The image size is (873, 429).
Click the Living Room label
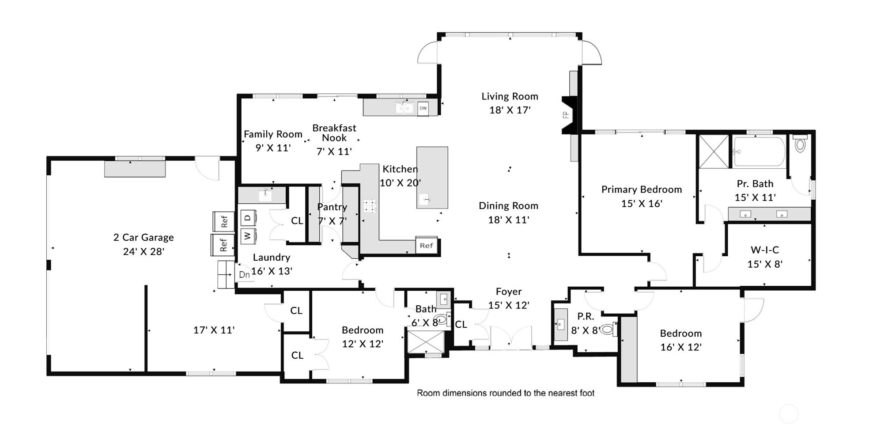[x=510, y=96]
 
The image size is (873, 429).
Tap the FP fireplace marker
[x=565, y=115]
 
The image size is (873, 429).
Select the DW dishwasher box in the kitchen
[x=423, y=108]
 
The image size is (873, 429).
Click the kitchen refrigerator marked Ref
[x=426, y=246]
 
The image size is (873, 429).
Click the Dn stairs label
[x=244, y=274]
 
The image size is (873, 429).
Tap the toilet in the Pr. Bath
[x=800, y=143]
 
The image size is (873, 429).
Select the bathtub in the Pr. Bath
[x=759, y=152]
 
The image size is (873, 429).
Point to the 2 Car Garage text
[x=144, y=237]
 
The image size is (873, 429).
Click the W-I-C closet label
[x=765, y=250]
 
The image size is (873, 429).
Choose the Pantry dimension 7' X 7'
[x=332, y=220]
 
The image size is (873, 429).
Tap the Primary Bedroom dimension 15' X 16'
[x=642, y=203]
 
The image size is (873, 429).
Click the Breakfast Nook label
[x=334, y=133]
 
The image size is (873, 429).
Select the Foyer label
[x=509, y=292]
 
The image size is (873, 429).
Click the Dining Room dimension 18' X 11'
[x=509, y=220]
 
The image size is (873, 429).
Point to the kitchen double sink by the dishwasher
[x=404, y=108]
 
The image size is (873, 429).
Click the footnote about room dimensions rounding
[x=506, y=393]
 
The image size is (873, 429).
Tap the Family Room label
[x=273, y=134]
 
